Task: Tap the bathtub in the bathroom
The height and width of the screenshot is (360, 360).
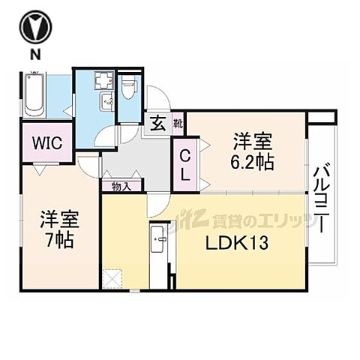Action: pos(35,94)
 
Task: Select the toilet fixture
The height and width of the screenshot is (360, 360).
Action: pos(128,90)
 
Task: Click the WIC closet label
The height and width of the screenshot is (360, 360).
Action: pos(46,142)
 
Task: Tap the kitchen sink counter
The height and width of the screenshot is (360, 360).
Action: pos(160,251)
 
